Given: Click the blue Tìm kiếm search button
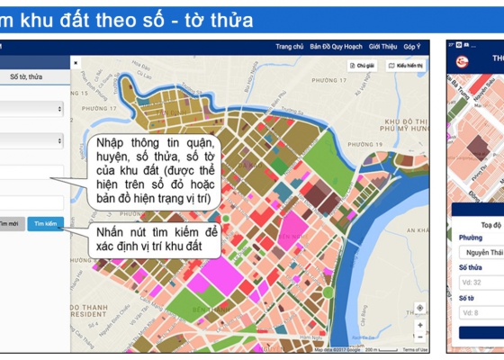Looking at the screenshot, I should tap(45, 223).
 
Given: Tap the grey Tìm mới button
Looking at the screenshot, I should tap(11, 223).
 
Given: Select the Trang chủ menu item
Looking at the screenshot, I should tap(289, 47).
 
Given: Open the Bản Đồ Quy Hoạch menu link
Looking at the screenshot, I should tap(334, 47).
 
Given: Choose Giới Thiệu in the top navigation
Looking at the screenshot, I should tap(382, 47).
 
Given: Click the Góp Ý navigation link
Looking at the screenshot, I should tap(412, 47).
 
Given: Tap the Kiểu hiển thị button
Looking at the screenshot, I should tap(406, 66).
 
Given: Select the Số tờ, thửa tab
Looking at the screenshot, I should tap(27, 77).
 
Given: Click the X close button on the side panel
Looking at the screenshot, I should tap(76, 63).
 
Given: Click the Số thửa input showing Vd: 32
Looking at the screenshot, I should tap(481, 282).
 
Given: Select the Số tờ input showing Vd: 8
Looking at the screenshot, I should tap(481, 312).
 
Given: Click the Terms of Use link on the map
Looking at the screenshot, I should tap(415, 349).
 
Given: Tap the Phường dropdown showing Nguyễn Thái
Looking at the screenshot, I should tap(481, 252).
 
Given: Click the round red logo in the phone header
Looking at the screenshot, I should tap(462, 61).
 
